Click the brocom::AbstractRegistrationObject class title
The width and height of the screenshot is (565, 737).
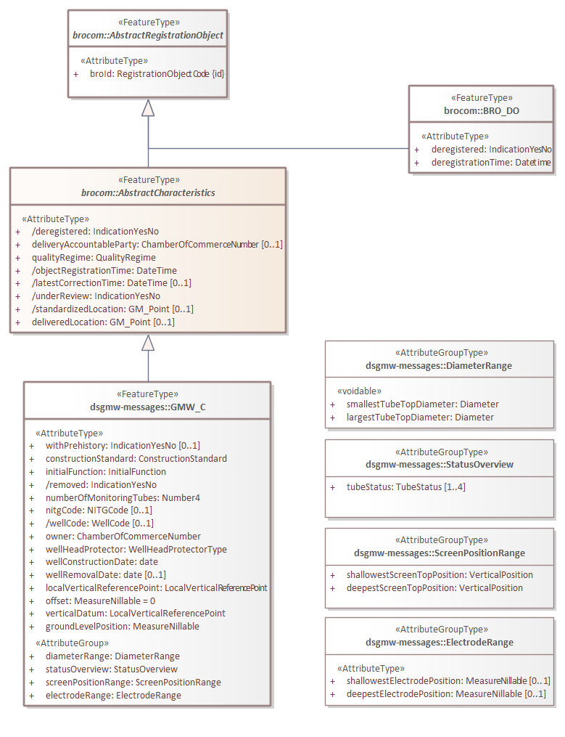point(148,35)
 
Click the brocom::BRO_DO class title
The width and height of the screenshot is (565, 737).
point(482,110)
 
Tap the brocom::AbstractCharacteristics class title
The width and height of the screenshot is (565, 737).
point(148,192)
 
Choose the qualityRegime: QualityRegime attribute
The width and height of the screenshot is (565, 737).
point(94,257)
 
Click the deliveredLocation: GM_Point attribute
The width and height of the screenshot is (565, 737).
point(102,322)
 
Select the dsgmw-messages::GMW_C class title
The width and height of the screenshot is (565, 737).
point(147,407)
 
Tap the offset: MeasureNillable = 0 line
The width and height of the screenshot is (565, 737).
point(100,600)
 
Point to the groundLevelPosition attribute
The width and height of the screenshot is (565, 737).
point(122,626)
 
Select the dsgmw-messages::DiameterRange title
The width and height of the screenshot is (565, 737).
point(439,366)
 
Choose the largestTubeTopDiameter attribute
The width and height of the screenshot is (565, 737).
point(420,418)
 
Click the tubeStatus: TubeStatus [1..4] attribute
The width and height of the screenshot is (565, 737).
point(405,486)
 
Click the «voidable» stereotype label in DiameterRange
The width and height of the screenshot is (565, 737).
point(359,391)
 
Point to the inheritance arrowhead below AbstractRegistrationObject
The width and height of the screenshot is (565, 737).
point(149,107)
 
